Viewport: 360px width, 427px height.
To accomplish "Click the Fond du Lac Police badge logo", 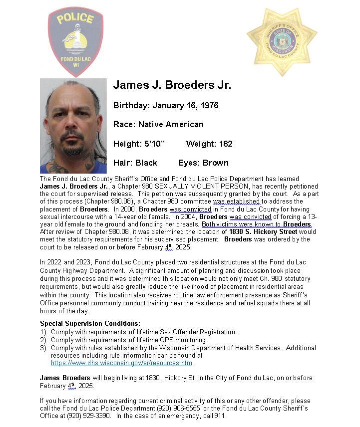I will point(75,41).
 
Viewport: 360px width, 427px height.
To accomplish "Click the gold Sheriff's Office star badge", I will point(282,42).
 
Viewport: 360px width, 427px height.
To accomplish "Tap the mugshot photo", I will point(73,126).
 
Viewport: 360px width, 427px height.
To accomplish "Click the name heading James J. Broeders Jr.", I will point(172,85).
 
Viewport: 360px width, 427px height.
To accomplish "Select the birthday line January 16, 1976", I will point(166,105).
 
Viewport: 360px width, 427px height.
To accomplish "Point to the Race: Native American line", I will point(158,124).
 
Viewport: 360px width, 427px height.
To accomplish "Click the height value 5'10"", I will point(152,144).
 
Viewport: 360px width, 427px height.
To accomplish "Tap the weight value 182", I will point(226,144).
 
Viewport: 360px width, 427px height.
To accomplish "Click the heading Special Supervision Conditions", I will point(90,323).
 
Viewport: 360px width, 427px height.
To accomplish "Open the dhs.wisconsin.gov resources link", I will point(121,363).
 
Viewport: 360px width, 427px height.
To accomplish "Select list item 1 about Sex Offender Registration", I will point(143,332).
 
